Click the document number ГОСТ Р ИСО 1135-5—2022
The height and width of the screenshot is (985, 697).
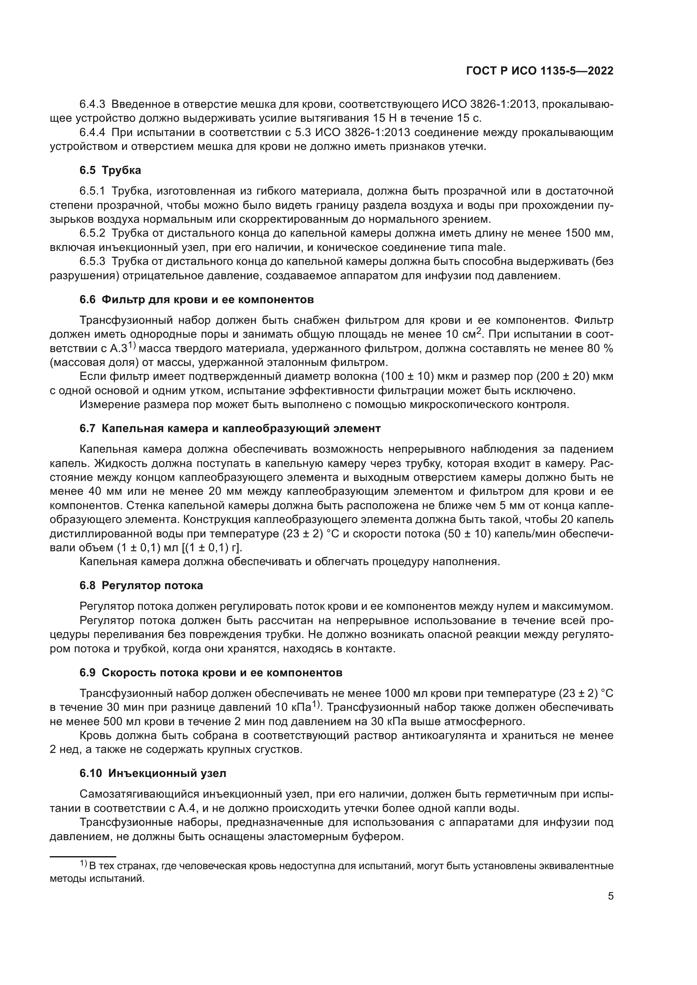point(539,71)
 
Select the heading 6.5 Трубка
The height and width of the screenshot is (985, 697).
point(110,170)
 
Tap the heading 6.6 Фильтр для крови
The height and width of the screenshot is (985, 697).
point(196,299)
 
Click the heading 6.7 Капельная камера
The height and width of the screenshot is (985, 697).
point(230,428)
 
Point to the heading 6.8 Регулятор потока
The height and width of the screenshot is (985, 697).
point(141,586)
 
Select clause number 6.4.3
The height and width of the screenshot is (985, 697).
point(92,104)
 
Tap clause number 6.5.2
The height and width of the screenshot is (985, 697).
point(92,233)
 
